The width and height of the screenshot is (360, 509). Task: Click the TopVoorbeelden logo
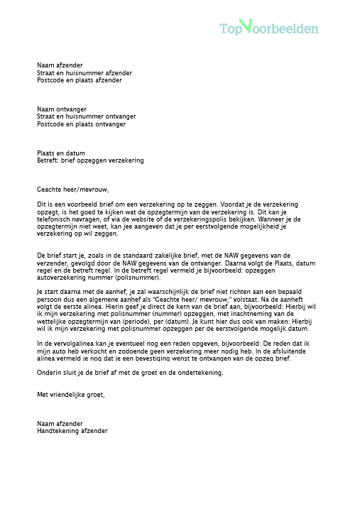tap(268, 28)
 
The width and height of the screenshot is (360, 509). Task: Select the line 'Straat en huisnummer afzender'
tap(84, 72)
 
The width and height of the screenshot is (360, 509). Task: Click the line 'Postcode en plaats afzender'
tap(79, 80)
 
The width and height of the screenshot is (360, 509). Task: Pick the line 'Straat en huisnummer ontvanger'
tap(86, 116)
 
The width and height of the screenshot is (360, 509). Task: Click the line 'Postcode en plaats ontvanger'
tap(81, 124)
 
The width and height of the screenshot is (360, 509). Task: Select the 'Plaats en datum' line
tap(61, 153)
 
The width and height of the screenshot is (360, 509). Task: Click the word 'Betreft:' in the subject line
tap(48, 160)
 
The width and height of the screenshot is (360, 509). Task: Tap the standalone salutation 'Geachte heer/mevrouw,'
tap(73, 189)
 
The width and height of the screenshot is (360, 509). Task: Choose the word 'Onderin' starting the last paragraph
tap(48, 373)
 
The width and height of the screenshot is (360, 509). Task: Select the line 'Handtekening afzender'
tap(72, 430)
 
